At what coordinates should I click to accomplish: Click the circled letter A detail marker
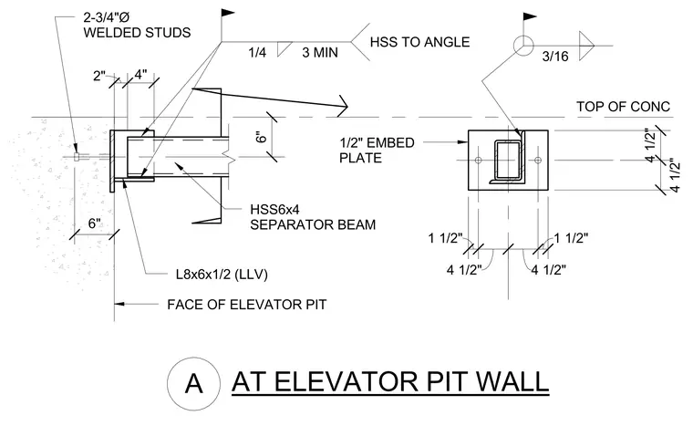193,383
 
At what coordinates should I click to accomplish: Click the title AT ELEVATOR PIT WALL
390,382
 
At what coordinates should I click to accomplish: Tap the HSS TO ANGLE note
419,42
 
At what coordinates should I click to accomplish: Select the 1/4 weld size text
257,53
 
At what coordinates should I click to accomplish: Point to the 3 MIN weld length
320,53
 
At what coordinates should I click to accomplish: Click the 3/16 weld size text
555,57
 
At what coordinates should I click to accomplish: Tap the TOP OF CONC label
623,107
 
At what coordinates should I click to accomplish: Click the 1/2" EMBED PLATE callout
377,151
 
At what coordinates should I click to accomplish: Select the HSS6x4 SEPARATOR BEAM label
313,217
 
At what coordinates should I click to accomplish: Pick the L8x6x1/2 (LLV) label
222,275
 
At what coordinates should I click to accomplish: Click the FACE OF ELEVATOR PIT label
246,305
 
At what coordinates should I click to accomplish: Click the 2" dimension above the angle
99,76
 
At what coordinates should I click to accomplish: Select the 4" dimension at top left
140,74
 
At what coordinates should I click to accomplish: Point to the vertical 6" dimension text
262,137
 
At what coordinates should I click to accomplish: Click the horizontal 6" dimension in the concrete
95,223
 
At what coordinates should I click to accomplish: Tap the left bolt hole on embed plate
478,161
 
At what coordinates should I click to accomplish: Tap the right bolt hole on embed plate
538,161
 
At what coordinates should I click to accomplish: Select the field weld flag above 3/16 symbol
530,17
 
